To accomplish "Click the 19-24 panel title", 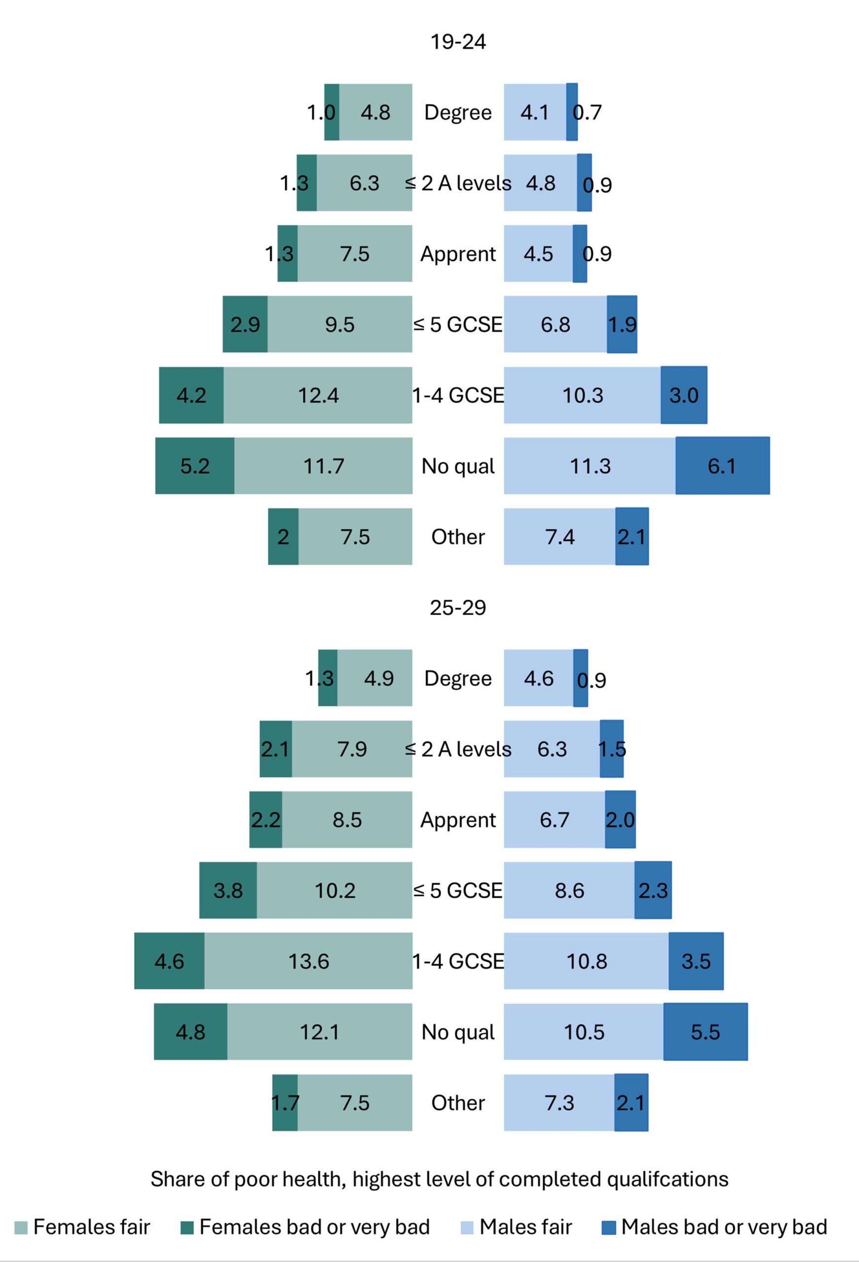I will pyautogui.click(x=458, y=42).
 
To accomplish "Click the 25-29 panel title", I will pyautogui.click(x=458, y=607).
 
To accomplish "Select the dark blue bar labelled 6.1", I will pyautogui.click(x=722, y=465).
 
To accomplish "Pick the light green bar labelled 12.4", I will pyautogui.click(x=318, y=395).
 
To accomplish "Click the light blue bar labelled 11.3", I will pyautogui.click(x=590, y=465).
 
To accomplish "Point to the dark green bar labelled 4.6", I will pyautogui.click(x=169, y=961).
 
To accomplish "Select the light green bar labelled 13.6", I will pyautogui.click(x=309, y=961).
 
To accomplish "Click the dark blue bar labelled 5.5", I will pyautogui.click(x=705, y=1031).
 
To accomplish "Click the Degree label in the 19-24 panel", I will pyautogui.click(x=458, y=112).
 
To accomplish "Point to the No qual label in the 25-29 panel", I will pyautogui.click(x=458, y=1032).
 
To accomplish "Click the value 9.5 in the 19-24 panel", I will pyautogui.click(x=340, y=325).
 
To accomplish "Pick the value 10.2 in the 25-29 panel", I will pyautogui.click(x=335, y=891).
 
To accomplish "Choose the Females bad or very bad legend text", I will pyautogui.click(x=314, y=1227).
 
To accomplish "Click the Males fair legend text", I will pyautogui.click(x=526, y=1227).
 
